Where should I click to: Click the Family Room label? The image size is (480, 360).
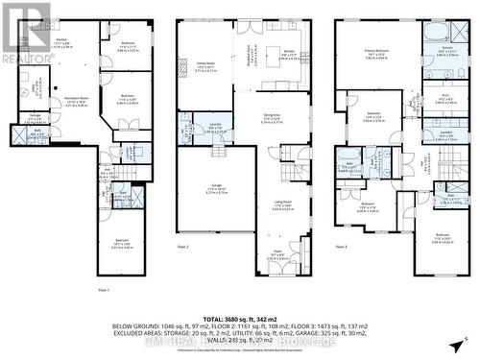(205, 66)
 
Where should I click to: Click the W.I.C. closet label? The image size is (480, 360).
(444, 97)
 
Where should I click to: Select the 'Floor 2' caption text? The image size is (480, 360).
(184, 247)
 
